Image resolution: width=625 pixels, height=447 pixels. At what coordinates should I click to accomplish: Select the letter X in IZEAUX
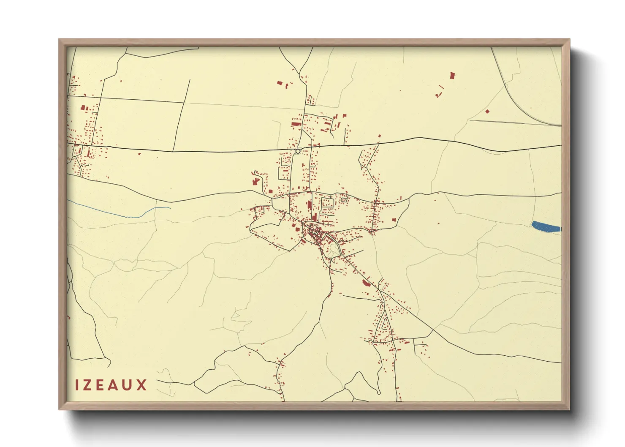coord(141,385)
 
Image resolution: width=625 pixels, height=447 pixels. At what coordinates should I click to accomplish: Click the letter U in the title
coord(128,385)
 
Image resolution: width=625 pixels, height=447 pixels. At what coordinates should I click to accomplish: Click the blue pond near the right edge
coord(546,227)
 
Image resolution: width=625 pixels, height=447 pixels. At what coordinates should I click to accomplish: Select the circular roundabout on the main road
coord(298,151)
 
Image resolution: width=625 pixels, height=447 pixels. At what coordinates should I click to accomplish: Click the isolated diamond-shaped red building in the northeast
coord(487,112)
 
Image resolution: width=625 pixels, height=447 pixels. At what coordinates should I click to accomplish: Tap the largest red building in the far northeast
coord(453,76)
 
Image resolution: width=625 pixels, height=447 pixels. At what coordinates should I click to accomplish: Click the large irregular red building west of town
coord(255,182)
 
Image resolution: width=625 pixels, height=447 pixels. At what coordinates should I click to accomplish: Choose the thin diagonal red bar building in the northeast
coord(442,88)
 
